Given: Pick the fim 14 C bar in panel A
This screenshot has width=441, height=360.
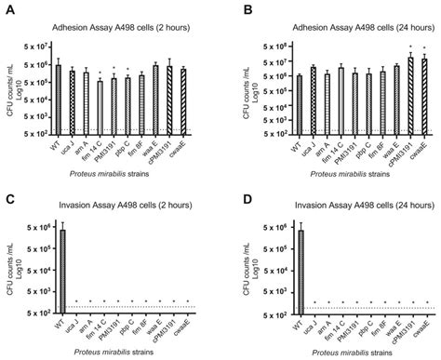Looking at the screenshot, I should tap(100, 109).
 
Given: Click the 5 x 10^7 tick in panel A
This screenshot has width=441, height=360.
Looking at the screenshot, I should tap(35, 47).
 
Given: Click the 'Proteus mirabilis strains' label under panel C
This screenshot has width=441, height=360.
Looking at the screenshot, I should tap(121, 353).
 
